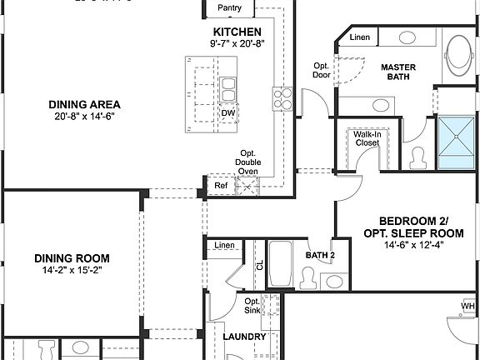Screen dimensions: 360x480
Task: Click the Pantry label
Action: (x=229, y=8)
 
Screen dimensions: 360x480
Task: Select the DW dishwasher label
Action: (x=227, y=113)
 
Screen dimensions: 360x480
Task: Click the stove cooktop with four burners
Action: (x=281, y=99)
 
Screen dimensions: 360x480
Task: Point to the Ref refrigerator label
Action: (x=221, y=186)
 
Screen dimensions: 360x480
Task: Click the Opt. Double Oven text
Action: (x=247, y=162)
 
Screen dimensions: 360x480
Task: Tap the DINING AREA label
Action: (x=83, y=104)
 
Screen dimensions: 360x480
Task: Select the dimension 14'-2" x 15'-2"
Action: (x=72, y=271)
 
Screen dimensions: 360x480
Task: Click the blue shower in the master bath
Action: (x=457, y=143)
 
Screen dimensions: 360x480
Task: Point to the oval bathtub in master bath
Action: (x=457, y=55)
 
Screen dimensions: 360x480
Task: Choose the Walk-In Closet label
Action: (x=367, y=138)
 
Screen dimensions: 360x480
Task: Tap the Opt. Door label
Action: (x=322, y=70)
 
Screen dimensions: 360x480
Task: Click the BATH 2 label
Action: (x=319, y=255)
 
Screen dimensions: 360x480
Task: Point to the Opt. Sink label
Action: (x=252, y=306)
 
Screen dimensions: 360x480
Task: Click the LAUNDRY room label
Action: (x=245, y=337)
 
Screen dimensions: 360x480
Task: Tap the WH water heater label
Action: (x=467, y=307)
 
